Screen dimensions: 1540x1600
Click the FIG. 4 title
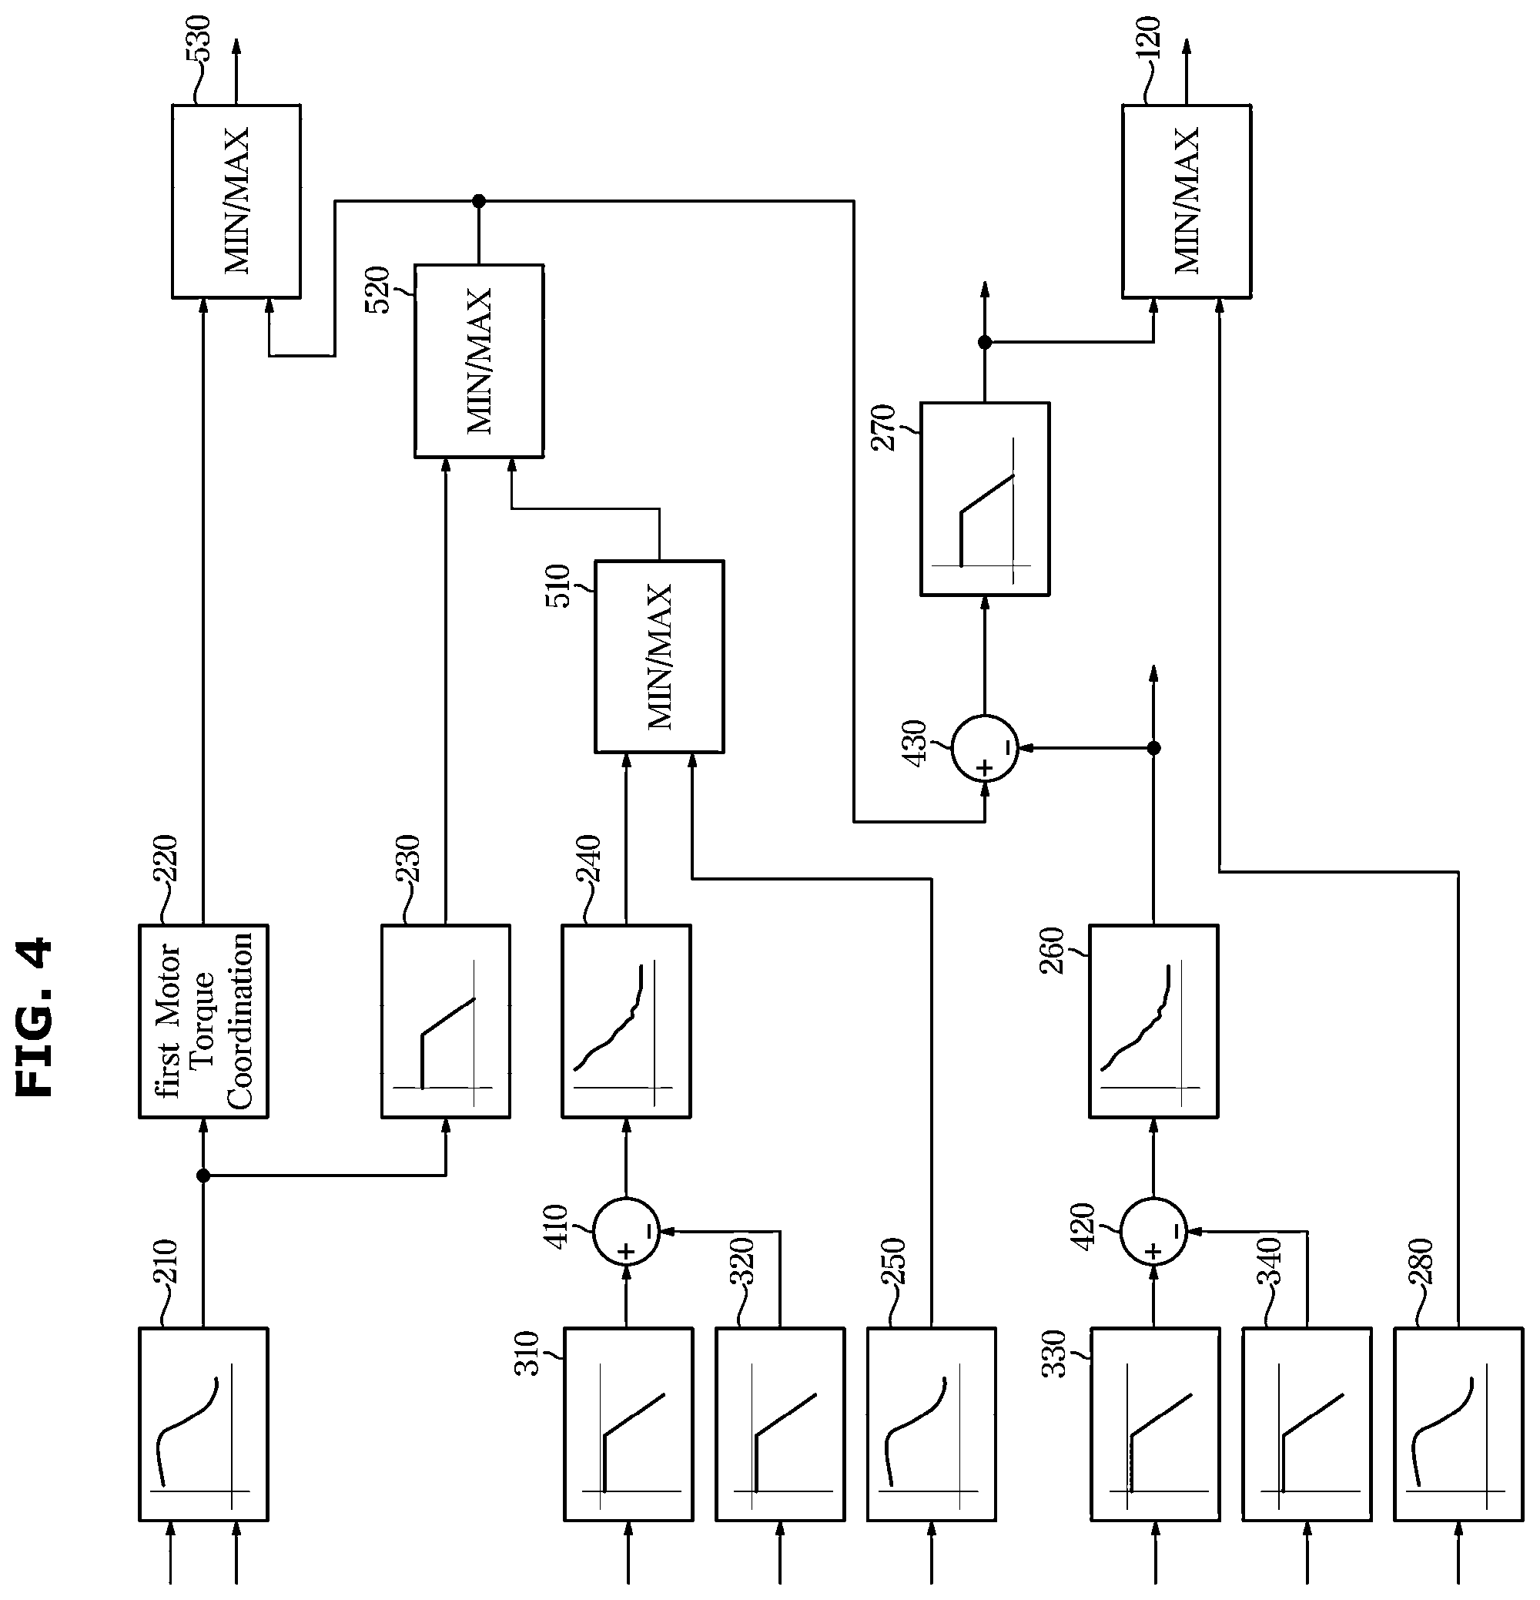35,1016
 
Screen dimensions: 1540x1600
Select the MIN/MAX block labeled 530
236,201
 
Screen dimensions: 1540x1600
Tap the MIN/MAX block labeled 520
479,361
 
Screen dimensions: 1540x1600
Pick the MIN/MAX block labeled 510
658,656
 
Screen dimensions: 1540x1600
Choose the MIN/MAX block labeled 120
1187,201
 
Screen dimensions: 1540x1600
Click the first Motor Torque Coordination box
203,1021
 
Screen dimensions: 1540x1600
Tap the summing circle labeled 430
984,748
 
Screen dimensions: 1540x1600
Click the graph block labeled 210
203,1424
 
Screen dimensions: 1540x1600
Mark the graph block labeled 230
446,1021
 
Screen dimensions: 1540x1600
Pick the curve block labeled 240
626,1021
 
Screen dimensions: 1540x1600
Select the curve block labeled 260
1153,1021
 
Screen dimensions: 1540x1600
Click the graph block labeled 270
985,498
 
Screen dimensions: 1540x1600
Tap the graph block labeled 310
628,1424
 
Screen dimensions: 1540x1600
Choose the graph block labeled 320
780,1424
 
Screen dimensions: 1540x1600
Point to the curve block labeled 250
931,1424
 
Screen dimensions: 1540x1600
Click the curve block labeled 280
1458,1424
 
